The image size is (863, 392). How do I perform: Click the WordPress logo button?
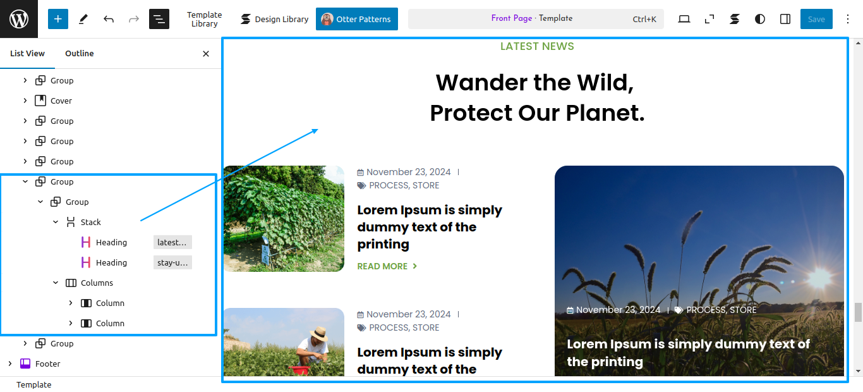(x=19, y=19)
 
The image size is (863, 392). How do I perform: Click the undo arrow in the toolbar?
(x=109, y=19)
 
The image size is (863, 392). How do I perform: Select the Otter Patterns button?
(x=357, y=19)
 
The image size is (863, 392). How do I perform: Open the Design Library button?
(x=274, y=19)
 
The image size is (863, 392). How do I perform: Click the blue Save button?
(x=816, y=19)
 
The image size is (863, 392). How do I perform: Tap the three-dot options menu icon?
(x=848, y=19)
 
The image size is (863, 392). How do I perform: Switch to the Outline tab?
(x=80, y=53)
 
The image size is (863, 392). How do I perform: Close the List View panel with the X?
(x=206, y=54)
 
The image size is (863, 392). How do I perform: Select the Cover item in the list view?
(x=61, y=101)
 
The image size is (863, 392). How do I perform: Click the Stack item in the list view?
(x=90, y=222)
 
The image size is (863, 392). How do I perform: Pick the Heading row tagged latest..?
(x=111, y=242)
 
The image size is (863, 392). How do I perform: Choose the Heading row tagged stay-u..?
(x=111, y=262)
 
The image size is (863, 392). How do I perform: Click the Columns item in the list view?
(x=97, y=283)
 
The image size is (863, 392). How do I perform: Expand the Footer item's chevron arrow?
(x=10, y=364)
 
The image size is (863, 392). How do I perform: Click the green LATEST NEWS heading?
(x=537, y=46)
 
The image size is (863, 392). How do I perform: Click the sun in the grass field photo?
(x=819, y=278)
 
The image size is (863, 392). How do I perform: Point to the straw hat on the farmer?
(x=318, y=333)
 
